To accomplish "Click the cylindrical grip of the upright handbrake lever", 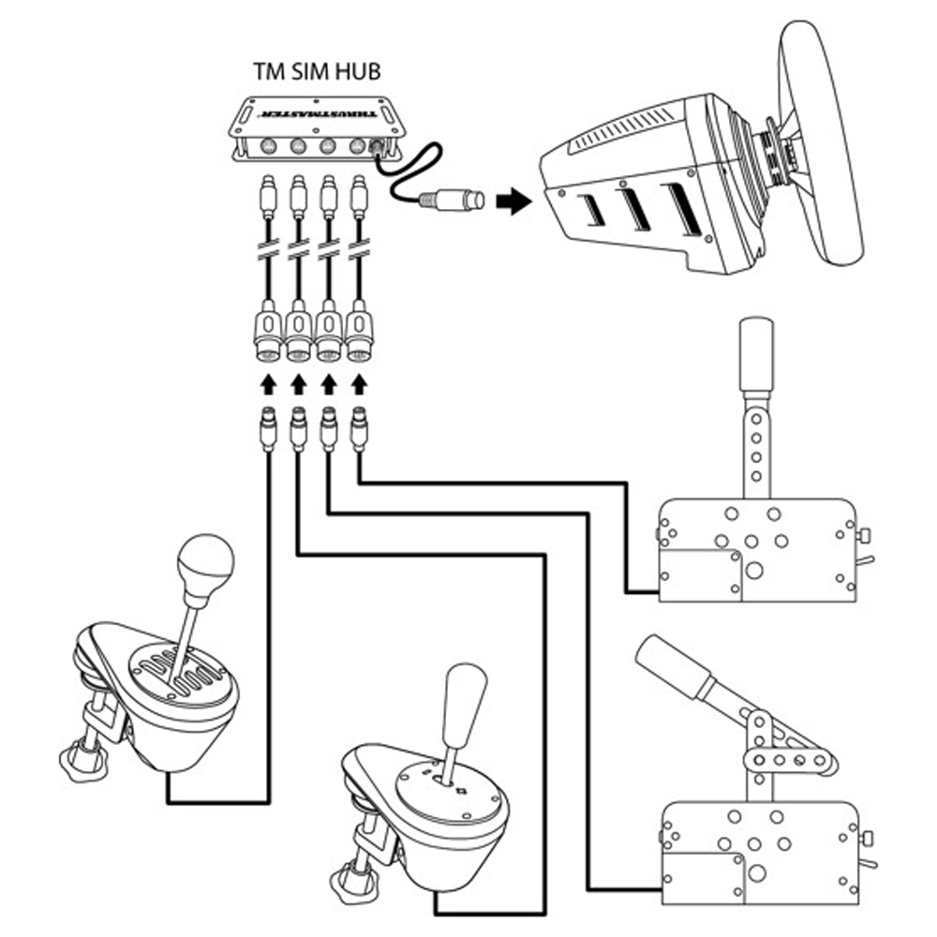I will point(756,354).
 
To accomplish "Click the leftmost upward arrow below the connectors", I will point(268,384).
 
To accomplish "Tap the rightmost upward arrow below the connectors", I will point(358,384).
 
